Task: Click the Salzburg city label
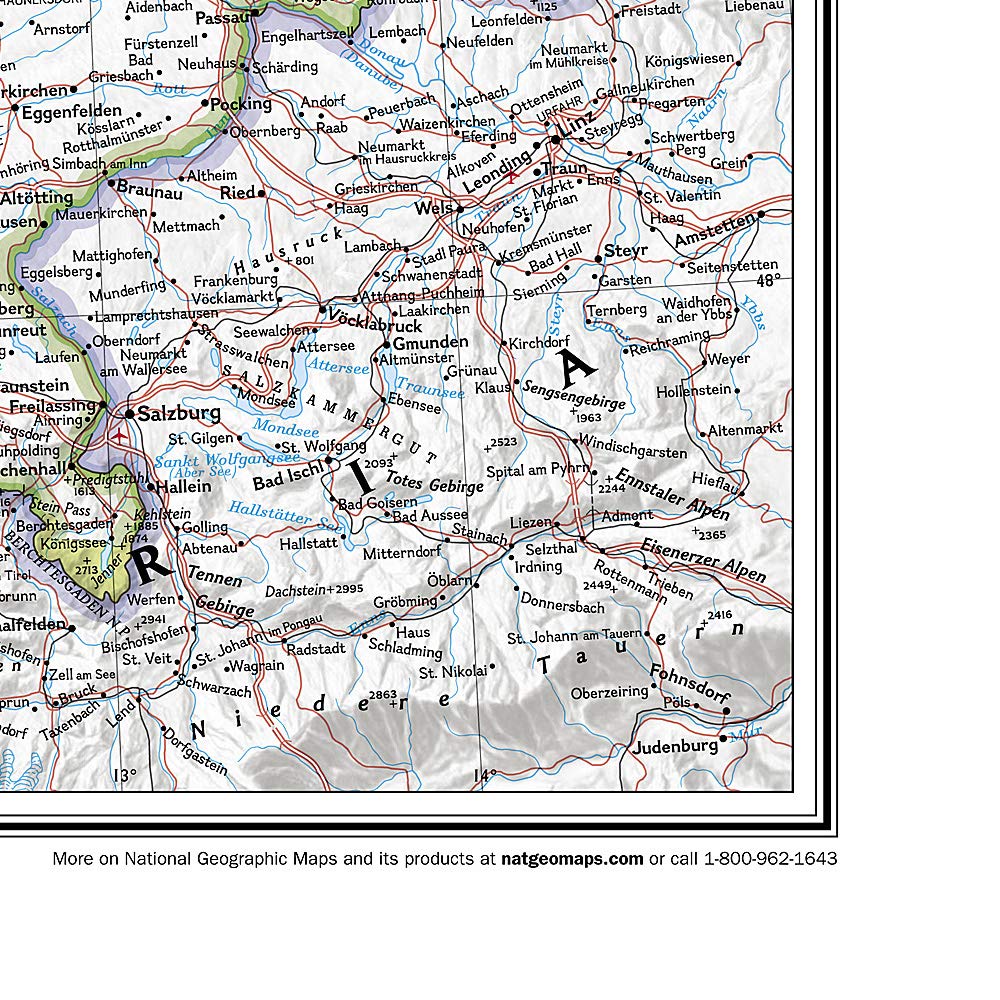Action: (x=179, y=413)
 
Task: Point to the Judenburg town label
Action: (x=675, y=746)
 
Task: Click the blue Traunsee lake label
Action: (x=430, y=388)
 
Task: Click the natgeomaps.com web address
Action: (x=572, y=858)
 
